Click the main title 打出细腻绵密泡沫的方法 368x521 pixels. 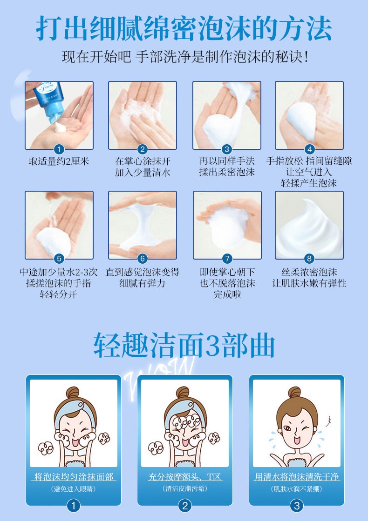click(x=184, y=28)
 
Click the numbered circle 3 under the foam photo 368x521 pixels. click(x=226, y=149)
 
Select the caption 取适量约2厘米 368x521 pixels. click(x=59, y=161)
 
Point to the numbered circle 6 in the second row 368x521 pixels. click(x=143, y=259)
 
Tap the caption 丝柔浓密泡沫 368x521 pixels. click(x=309, y=272)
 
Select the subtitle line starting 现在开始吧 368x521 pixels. click(x=185, y=57)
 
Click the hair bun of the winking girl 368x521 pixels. click(x=295, y=393)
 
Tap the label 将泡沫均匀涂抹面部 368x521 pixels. click(x=74, y=477)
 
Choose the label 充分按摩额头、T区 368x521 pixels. click(x=184, y=477)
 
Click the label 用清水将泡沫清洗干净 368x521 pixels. click(x=296, y=477)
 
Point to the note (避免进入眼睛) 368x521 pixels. click(x=74, y=489)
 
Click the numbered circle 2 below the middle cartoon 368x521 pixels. click(x=184, y=506)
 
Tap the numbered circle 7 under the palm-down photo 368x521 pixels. click(x=227, y=259)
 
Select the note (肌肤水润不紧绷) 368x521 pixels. click(x=296, y=489)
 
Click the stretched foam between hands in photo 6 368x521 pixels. click(x=142, y=226)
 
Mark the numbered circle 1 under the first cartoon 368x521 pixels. click(x=74, y=506)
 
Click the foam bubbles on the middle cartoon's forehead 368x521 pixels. click(x=184, y=423)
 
